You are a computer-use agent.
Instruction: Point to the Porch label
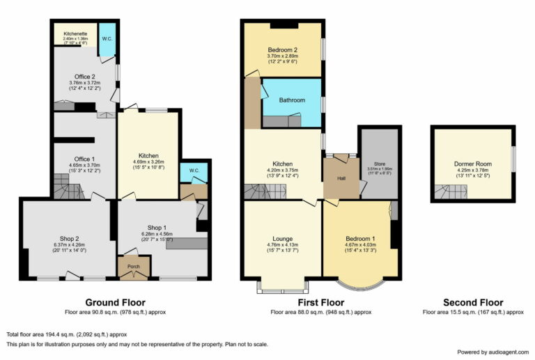pos(133,265)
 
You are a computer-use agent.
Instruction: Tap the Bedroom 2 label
pos(282,51)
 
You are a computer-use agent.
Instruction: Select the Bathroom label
pos(292,100)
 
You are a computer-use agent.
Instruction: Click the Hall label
pos(341,178)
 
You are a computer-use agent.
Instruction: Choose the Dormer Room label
pos(473,165)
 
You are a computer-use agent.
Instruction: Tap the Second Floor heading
pos(472,303)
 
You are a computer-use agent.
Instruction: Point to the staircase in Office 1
pos(67,186)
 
